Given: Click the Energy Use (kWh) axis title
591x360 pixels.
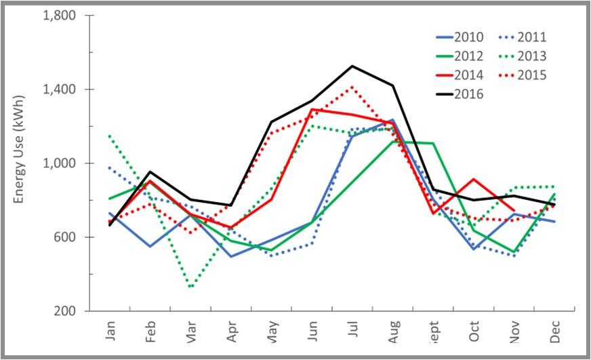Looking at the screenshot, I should (20, 163).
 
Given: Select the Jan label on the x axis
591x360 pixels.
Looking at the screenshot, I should (111, 331).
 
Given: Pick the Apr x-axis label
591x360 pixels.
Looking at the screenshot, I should (232, 331).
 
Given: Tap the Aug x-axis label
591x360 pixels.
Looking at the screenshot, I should (393, 331).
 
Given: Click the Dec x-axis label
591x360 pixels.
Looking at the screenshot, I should (554, 331).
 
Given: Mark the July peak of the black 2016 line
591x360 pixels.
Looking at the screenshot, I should (352, 66).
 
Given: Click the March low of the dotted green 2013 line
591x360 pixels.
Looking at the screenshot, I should (191, 287).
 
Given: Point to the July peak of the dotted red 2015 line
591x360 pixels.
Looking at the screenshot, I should (352, 86).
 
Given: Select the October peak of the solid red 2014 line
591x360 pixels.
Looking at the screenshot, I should (473, 180).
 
